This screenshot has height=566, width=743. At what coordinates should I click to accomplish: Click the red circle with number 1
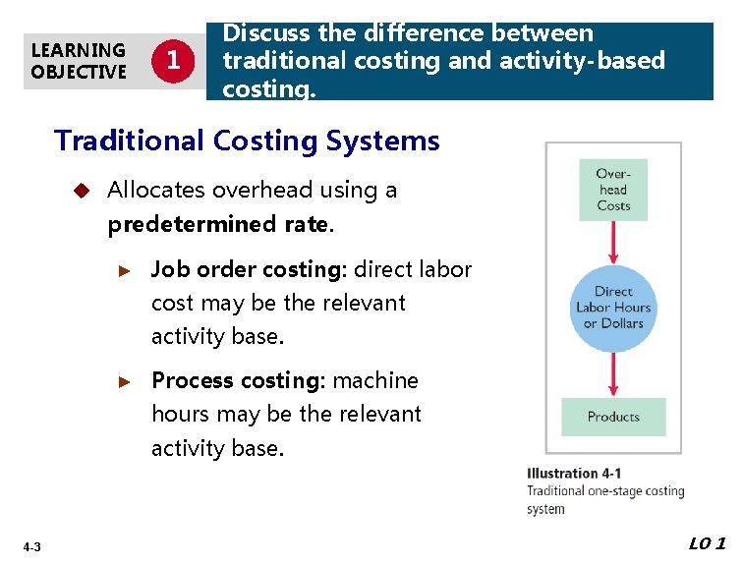[x=173, y=61]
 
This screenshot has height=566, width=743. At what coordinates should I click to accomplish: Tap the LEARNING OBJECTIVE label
[x=79, y=61]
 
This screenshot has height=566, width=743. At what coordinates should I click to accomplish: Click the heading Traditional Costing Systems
[x=247, y=141]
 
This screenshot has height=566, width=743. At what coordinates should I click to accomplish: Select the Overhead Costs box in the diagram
[x=613, y=190]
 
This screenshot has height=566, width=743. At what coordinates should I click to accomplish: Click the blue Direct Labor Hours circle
[x=613, y=308]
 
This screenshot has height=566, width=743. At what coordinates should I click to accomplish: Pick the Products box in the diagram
[x=613, y=417]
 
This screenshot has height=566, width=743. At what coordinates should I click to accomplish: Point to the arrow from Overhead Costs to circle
[x=613, y=242]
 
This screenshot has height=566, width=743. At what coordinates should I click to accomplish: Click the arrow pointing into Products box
[x=613, y=374]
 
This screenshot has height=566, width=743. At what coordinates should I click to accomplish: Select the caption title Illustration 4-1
[x=574, y=474]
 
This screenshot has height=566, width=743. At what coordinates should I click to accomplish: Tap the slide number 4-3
[x=32, y=547]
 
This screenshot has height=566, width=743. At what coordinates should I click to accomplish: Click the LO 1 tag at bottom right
[x=708, y=544]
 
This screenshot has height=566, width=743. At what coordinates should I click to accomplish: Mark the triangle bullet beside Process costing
[x=125, y=381]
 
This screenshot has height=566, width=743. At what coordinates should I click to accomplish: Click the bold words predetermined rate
[x=219, y=224]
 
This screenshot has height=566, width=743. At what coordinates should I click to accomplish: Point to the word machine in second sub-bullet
[x=375, y=380]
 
